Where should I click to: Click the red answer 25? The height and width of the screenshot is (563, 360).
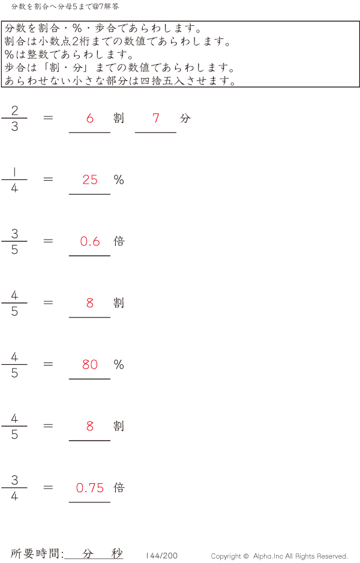(90, 179)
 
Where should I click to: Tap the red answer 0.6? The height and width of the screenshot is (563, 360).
(90, 241)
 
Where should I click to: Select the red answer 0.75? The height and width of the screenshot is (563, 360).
(90, 488)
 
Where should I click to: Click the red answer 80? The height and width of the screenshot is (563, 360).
(90, 364)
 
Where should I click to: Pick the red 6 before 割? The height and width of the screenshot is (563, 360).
(90, 118)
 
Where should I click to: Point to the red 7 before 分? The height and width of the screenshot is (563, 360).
(156, 118)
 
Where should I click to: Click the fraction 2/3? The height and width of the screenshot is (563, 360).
(14, 118)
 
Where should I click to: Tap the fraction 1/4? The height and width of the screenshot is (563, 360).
(14, 180)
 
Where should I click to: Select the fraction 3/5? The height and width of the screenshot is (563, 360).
(14, 242)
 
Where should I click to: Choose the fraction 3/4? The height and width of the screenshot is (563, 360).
(14, 488)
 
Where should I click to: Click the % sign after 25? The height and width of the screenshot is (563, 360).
(119, 180)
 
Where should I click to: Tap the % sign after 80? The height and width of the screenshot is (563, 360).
(119, 365)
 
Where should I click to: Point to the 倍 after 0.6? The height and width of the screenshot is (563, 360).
(119, 241)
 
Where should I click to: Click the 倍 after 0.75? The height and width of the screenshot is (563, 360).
(119, 488)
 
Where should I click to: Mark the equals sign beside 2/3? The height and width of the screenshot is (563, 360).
(49, 118)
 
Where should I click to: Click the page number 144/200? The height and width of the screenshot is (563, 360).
(162, 556)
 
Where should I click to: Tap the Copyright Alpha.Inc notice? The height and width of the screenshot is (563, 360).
(279, 556)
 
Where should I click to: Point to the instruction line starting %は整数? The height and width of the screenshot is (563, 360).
(68, 55)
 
